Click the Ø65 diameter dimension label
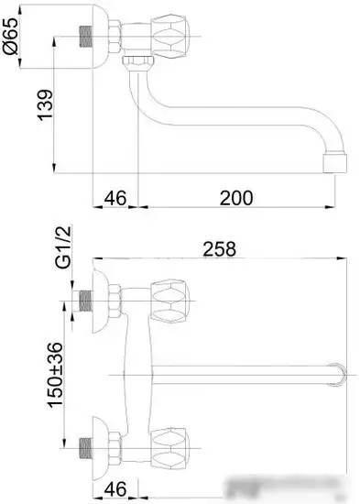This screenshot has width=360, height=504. pos(10,36)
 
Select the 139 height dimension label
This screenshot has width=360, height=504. pos(45,105)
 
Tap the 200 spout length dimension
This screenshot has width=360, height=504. pos(236,198)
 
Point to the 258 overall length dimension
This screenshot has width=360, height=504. pos(219,248)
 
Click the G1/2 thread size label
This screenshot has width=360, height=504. pos(63,247)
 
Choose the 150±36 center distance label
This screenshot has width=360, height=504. pos(55,375)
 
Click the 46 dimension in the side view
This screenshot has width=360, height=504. pos(115,198)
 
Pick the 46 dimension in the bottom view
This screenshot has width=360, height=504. pos(115,489)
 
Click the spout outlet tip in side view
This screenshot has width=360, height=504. pos(335,163)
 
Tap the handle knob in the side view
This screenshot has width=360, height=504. pos(170,36)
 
